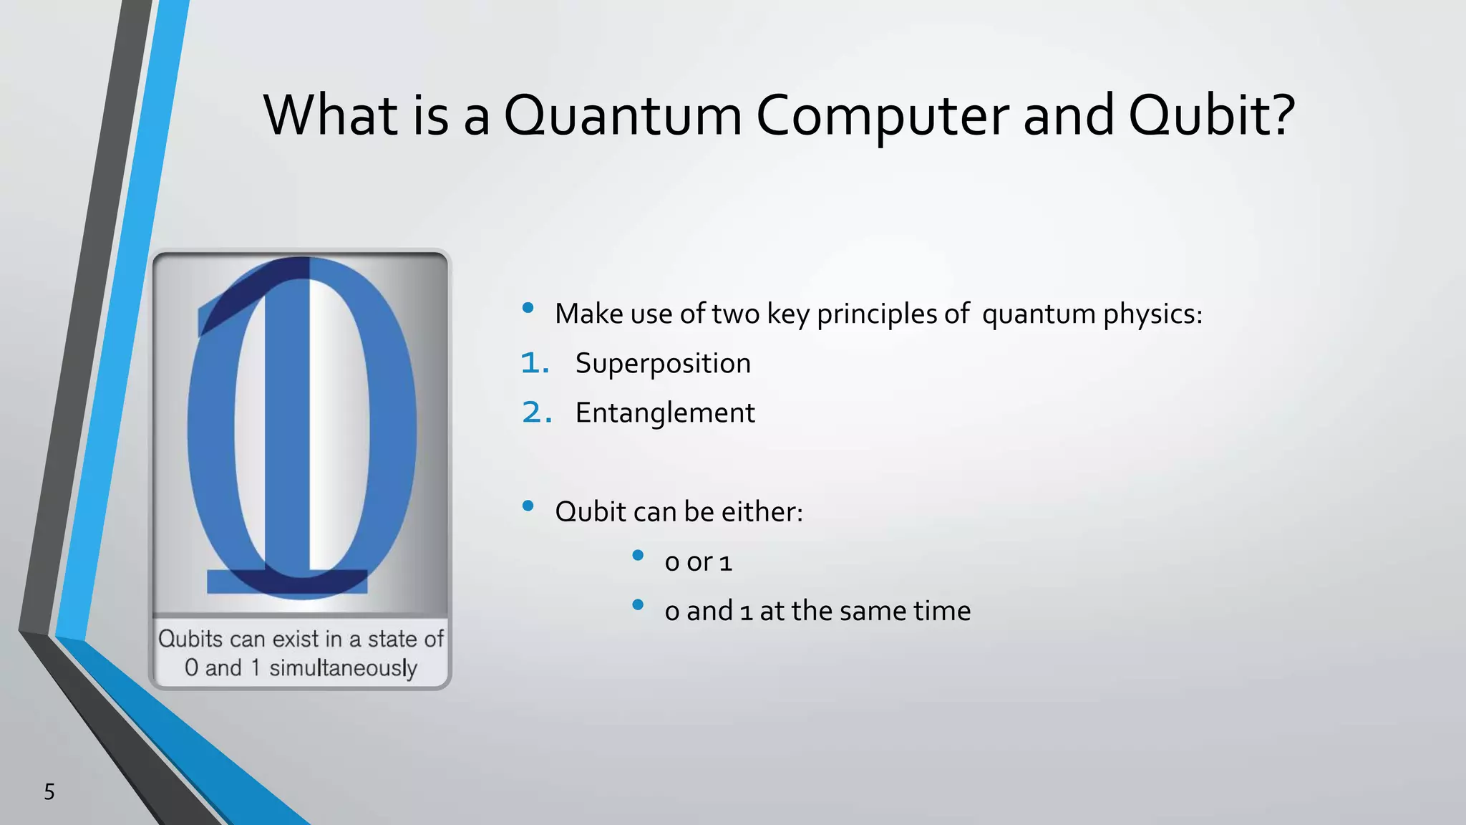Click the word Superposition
pyautogui.click(x=663, y=363)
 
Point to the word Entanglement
pyautogui.click(x=665, y=412)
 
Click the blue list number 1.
pyautogui.click(x=534, y=363)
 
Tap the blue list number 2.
pyautogui.click(x=536, y=412)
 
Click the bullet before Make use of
pyautogui.click(x=528, y=308)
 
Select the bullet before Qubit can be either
pyautogui.click(x=528, y=506)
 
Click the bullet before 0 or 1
pyautogui.click(x=638, y=556)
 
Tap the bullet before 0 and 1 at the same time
pyautogui.click(x=638, y=605)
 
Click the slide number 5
pyautogui.click(x=49, y=791)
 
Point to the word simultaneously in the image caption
pyautogui.click(x=343, y=667)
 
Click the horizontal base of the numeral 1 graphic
pyautogui.click(x=287, y=581)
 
